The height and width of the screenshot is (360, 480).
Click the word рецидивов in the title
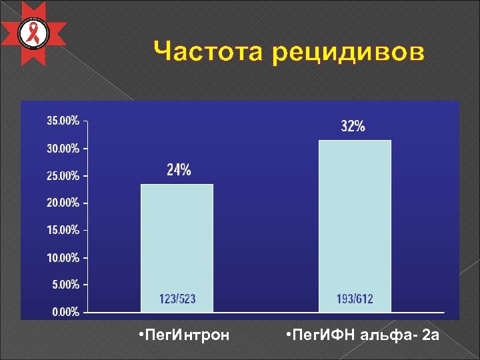coord(347,52)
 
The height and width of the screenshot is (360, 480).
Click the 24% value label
coord(179,171)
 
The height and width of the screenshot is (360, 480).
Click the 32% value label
coord(353,127)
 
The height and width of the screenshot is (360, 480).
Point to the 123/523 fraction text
coord(177,299)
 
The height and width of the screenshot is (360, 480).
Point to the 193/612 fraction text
coord(355,299)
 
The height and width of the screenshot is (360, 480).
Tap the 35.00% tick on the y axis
coord(62,121)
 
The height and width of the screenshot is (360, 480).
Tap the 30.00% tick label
coord(62,148)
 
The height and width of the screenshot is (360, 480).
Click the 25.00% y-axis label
coord(62,176)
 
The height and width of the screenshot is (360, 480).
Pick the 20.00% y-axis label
coord(62,203)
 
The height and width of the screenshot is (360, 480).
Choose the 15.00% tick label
coord(62,230)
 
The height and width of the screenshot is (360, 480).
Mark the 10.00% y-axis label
coord(62,257)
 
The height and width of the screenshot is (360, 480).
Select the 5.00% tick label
coord(65,285)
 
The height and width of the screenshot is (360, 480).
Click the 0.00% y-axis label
coord(65,311)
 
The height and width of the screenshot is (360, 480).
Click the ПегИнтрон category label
coord(182,334)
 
